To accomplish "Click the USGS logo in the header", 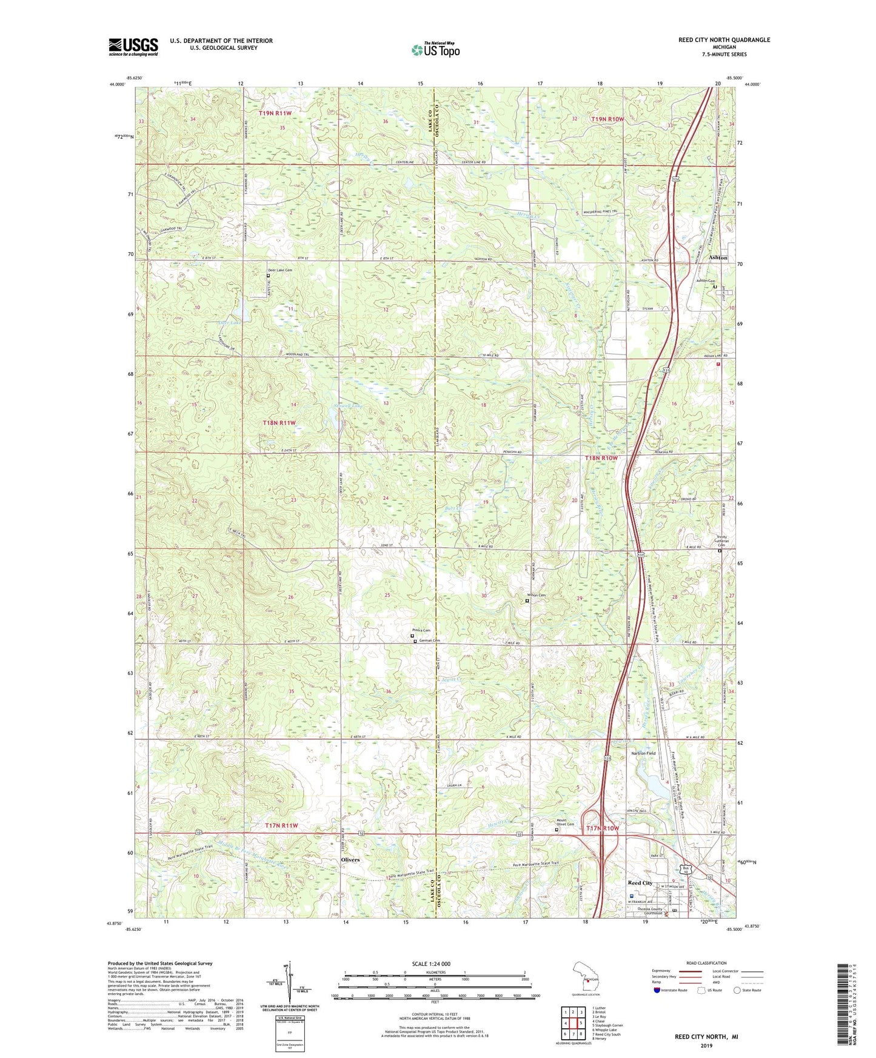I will [133, 46].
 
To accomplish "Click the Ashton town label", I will [718, 258].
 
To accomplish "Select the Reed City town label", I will [640, 883].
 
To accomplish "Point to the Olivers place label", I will [350, 860].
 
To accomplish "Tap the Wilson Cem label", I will [536, 595].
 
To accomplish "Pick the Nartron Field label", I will [644, 753].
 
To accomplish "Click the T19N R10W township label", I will [607, 119].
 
